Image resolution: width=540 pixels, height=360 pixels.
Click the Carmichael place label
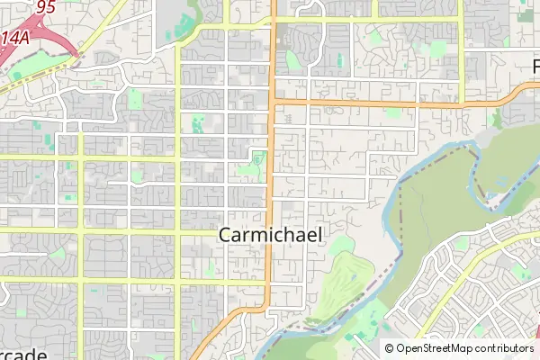pyautogui.click(x=270, y=235)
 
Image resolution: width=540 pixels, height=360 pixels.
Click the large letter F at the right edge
pyautogui.click(x=535, y=67)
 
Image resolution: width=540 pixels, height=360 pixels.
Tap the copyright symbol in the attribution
pyautogui.click(x=389, y=348)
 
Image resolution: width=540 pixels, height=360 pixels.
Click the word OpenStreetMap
pyautogui.click(x=435, y=348)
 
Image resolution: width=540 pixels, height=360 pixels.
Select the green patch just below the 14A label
pyautogui.click(x=36, y=67)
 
